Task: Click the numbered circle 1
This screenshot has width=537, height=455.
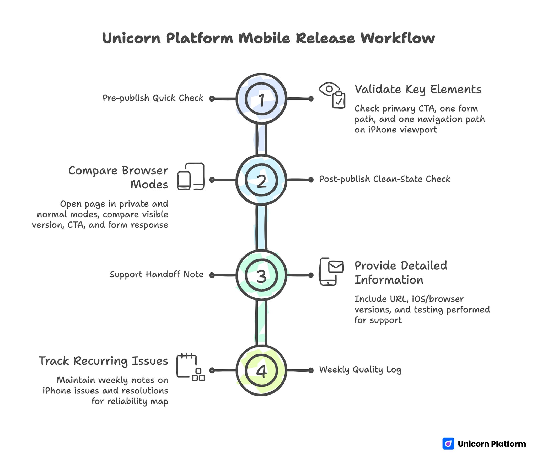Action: point(261,99)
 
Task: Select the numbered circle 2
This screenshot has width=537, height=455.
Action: point(261,180)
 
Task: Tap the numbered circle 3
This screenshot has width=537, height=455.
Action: point(261,275)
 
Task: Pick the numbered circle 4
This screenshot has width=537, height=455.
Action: point(261,370)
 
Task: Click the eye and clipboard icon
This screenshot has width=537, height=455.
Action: point(332,95)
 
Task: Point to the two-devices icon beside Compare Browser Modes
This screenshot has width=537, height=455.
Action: point(191,176)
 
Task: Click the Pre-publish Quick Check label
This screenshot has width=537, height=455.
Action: point(153,98)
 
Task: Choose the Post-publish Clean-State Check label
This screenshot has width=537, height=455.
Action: point(384,179)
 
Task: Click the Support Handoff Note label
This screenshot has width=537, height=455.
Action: point(157,274)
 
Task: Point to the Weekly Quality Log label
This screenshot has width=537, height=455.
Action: point(360,370)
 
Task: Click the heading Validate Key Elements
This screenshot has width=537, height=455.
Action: point(418,89)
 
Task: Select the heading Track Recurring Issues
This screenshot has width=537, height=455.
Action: point(103,361)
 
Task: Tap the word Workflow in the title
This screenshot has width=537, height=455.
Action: point(398,38)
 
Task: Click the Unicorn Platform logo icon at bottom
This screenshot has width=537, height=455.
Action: point(448,443)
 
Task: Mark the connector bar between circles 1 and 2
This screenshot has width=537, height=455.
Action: point(261,139)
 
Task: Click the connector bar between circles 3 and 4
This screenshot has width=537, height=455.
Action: point(261,323)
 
